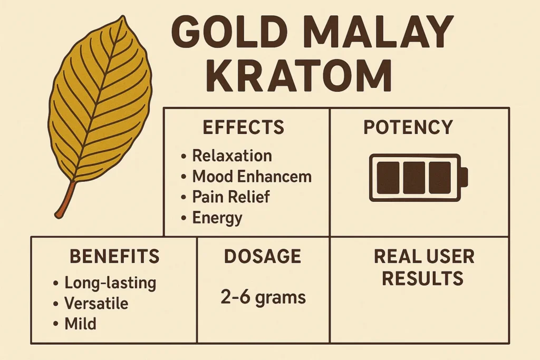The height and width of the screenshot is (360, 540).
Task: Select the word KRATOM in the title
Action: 302,77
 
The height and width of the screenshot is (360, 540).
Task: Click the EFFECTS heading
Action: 243,128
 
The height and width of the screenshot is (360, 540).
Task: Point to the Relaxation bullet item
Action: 232,155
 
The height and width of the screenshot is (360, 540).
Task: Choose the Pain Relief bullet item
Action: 230,197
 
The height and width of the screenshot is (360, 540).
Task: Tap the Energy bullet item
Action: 217,217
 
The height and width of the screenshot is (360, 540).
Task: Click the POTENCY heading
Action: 408,128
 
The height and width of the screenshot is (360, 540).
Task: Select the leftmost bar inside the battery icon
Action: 389,177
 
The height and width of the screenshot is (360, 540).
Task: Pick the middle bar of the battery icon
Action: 414,177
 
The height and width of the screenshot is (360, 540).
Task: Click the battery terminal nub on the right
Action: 465,177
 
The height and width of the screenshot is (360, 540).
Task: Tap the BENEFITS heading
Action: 114,257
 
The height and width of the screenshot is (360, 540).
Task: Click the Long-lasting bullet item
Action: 110,283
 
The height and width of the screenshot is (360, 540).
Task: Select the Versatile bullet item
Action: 96,304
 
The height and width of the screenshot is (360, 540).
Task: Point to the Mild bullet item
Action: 80,324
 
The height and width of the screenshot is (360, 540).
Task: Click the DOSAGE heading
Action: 263,257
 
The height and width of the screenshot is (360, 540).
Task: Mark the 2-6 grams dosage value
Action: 263,297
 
